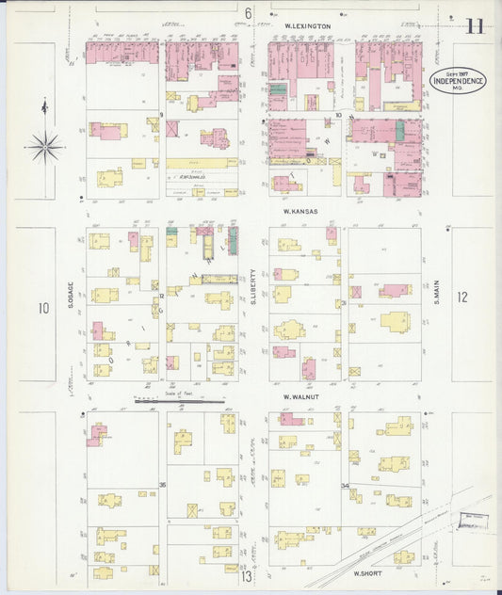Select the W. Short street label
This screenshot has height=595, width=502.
364,571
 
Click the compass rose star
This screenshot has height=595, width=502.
44,146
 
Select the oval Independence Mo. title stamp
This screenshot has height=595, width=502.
459,81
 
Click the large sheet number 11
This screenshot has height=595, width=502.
474,25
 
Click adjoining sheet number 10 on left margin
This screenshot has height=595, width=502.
43,308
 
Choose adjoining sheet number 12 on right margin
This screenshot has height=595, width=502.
462,297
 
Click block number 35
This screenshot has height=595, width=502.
162,485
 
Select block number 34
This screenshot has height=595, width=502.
345,486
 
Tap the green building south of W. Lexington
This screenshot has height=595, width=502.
278,90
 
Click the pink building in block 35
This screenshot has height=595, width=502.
97,434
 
